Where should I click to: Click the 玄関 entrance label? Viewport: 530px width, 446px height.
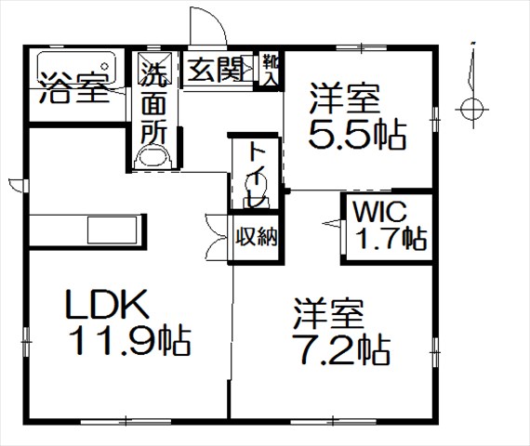point(217,70)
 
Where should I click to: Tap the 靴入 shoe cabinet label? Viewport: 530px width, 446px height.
point(271,70)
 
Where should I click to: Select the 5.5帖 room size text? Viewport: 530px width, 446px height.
point(357,134)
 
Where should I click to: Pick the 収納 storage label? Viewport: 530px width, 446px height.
point(257,237)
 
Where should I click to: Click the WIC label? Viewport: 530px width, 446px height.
point(379,212)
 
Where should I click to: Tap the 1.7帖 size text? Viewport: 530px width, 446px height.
point(391,239)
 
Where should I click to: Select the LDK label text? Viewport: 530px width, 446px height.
point(107,304)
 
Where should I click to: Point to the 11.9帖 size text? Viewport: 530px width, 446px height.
point(130,340)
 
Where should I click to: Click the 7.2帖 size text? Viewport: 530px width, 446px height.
point(341,349)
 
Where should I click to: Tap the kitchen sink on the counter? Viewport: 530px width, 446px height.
point(113,230)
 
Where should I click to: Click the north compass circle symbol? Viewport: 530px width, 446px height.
point(471,110)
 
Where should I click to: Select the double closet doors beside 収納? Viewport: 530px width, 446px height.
point(217,238)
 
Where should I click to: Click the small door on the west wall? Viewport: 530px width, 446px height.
point(18,185)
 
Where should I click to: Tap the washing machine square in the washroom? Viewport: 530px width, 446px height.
point(155,68)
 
